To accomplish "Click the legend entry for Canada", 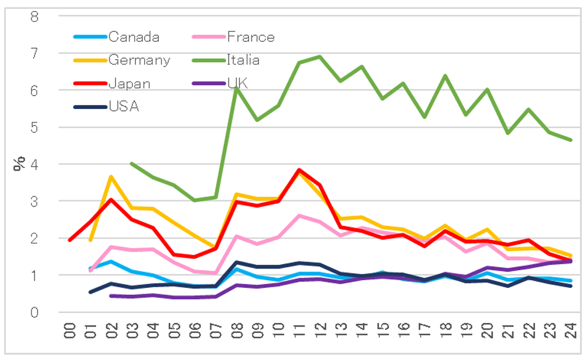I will [x=134, y=37].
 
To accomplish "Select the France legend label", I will [x=250, y=37].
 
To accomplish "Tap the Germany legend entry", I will [x=139, y=60].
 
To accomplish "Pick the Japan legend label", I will [x=129, y=83].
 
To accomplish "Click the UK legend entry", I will [x=237, y=83].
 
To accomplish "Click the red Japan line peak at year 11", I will [x=299, y=170].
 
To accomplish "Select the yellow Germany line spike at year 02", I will [x=111, y=176].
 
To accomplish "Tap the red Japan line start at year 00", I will [x=70, y=240].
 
